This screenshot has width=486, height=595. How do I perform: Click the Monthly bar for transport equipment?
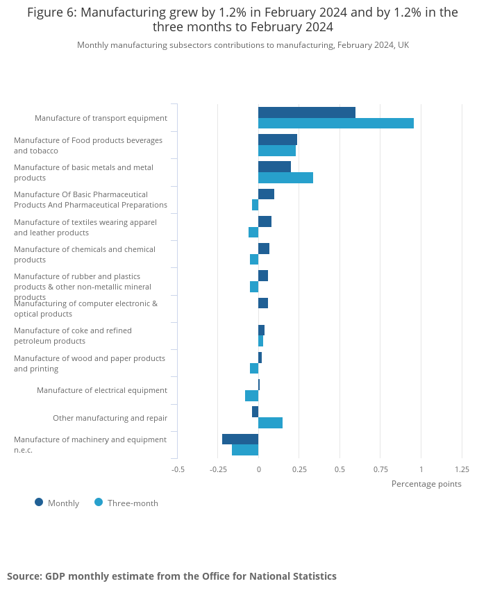[306, 112]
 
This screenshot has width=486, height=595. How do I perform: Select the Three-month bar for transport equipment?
[335, 124]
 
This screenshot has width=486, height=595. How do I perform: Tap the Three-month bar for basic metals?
[285, 178]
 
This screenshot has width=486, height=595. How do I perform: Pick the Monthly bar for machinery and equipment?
[240, 439]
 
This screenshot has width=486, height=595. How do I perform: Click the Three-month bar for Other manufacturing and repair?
[270, 423]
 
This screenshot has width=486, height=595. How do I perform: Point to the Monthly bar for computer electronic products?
[263, 303]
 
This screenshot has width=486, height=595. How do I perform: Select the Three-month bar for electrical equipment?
[251, 396]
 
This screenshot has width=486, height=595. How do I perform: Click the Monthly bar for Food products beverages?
[278, 140]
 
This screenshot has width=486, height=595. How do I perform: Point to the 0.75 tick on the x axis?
[380, 469]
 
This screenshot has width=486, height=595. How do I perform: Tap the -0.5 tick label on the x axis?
[178, 469]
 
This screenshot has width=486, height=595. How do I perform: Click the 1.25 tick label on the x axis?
[462, 469]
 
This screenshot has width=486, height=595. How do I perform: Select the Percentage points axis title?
[426, 484]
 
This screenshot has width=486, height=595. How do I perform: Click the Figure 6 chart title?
[243, 20]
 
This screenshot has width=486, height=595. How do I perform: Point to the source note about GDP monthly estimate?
[171, 576]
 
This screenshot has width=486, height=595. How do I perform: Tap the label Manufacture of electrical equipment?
[102, 390]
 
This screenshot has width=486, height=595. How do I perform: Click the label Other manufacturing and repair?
[110, 418]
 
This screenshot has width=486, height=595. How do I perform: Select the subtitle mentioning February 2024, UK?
[243, 45]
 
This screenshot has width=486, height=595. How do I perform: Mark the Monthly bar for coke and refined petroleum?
[261, 330]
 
